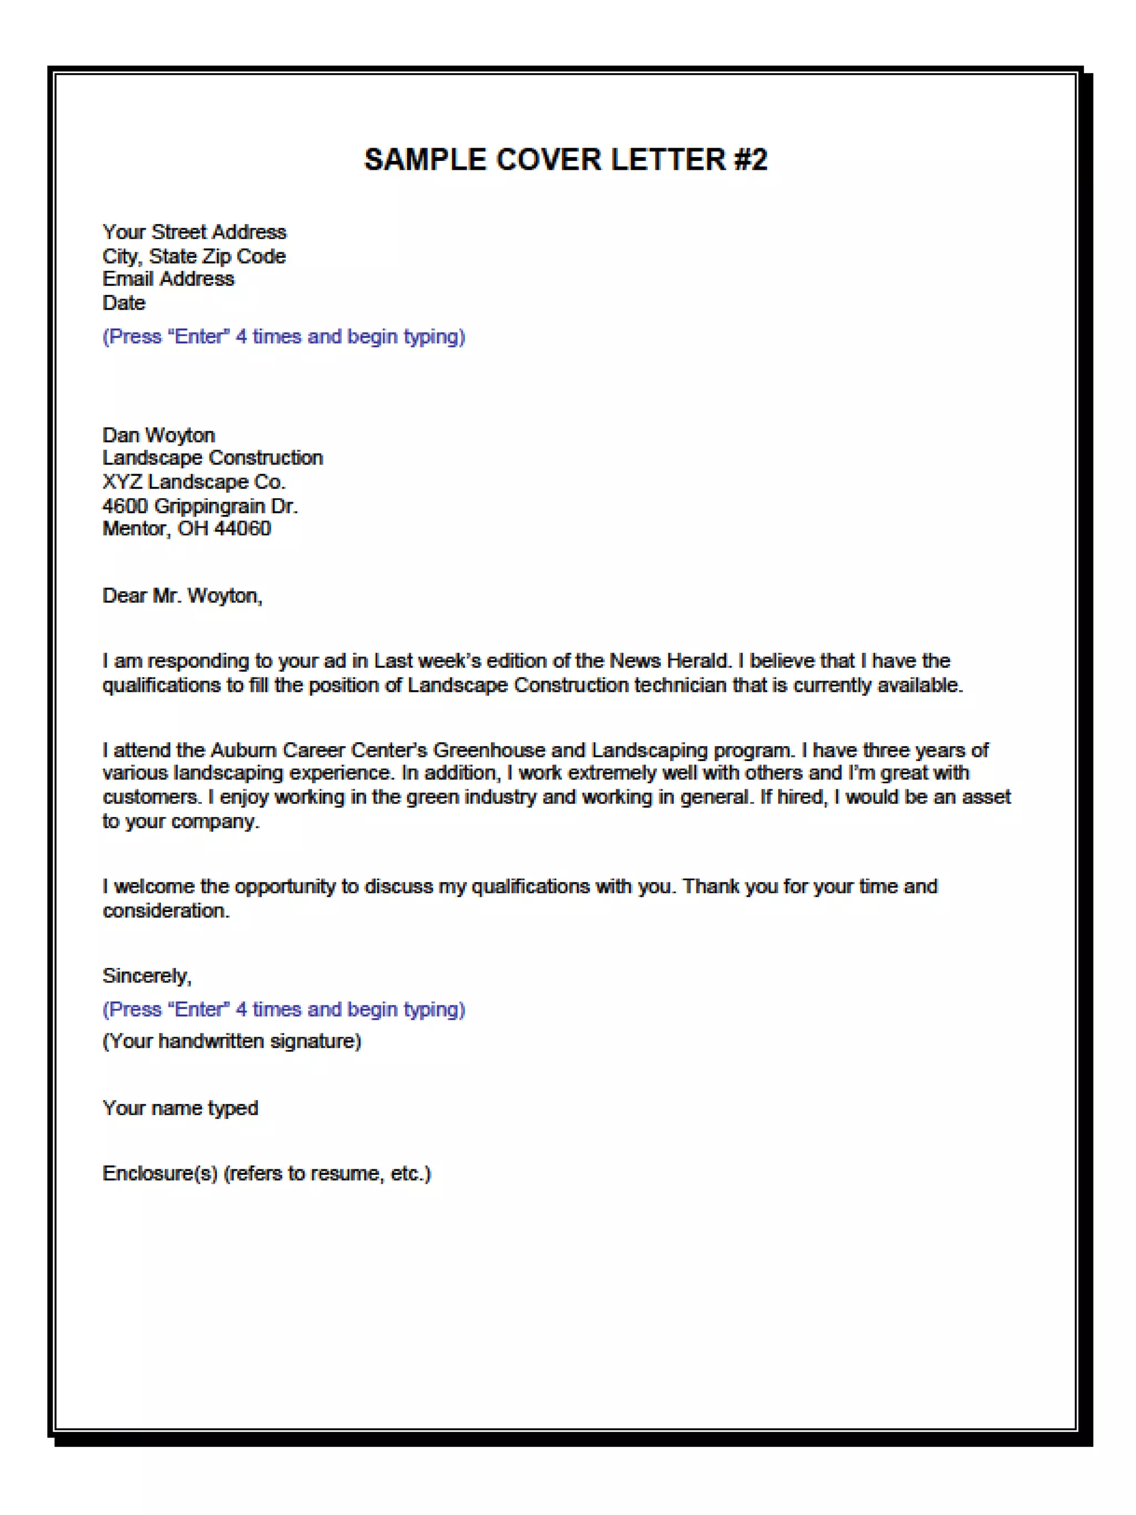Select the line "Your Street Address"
click(x=195, y=232)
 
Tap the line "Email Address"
click(x=169, y=278)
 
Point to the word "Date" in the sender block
click(x=124, y=303)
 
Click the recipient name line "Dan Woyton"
click(x=159, y=435)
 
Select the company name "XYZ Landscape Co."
click(x=194, y=482)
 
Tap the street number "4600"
click(x=125, y=506)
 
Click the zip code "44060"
click(x=242, y=529)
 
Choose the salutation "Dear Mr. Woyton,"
click(x=182, y=596)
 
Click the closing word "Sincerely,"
click(x=146, y=976)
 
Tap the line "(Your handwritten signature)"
click(x=231, y=1041)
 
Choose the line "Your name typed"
click(x=180, y=1108)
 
